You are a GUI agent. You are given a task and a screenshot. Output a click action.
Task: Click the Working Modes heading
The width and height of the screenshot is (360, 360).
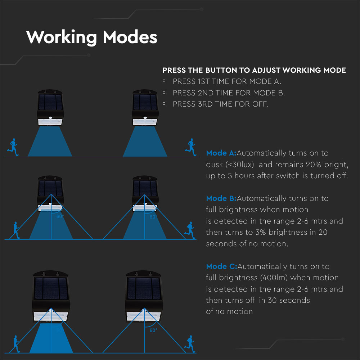(92, 37)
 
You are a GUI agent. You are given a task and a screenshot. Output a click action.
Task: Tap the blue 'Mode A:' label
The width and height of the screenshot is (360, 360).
(221, 153)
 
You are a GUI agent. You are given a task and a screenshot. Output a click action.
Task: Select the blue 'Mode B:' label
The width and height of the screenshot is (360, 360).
(221, 198)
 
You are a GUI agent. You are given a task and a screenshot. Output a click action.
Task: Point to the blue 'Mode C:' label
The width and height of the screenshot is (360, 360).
(221, 266)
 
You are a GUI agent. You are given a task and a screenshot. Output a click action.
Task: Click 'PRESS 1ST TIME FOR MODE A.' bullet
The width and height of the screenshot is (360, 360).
(227, 81)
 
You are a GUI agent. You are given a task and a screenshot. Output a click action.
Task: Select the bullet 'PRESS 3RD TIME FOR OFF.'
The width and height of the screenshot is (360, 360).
(220, 104)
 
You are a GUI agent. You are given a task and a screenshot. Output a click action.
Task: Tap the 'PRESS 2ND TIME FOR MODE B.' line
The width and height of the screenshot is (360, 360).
(229, 93)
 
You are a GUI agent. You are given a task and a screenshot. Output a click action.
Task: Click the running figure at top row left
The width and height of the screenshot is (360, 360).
(13, 147)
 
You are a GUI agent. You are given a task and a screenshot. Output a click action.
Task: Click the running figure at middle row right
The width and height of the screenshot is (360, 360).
(190, 230)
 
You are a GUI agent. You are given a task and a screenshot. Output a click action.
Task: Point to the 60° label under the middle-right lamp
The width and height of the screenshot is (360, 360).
(153, 217)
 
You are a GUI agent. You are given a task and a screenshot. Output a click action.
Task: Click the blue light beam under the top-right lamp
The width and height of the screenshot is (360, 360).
(145, 142)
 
